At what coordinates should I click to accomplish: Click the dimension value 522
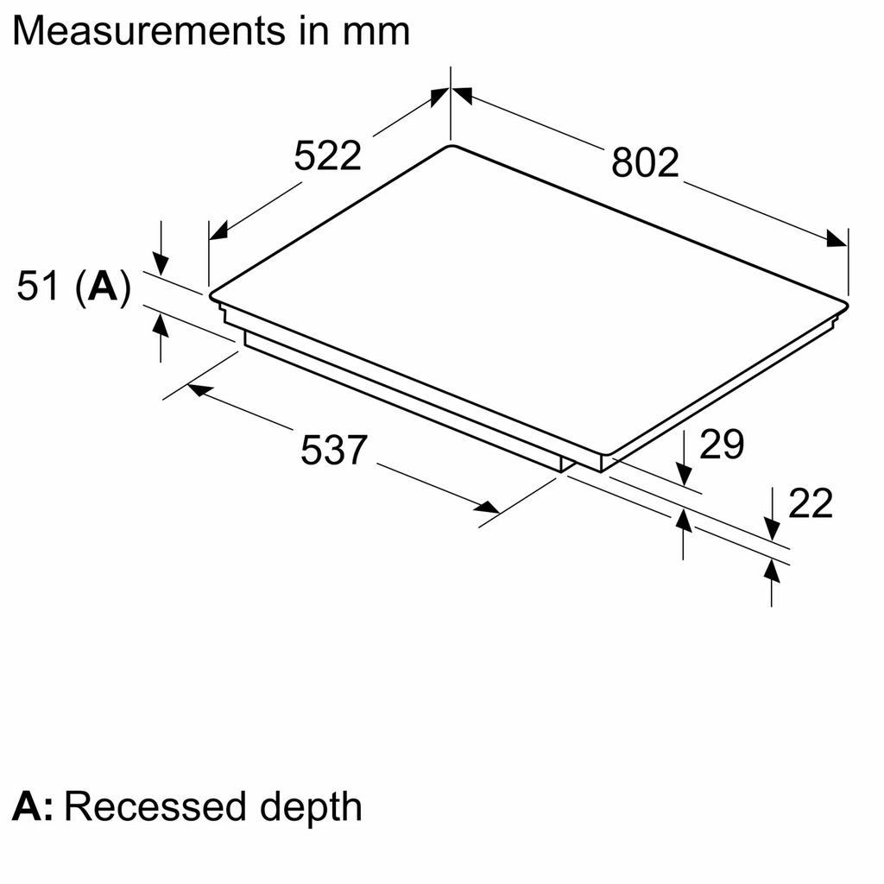pos(327,156)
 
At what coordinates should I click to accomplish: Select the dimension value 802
pos(646,161)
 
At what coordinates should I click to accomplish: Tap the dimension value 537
pos(334,451)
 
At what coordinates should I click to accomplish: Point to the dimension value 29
pos(721,445)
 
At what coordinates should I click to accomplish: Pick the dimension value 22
pos(810,503)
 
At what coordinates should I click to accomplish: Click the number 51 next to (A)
pos(39,287)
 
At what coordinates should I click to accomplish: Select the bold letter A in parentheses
pos(103,287)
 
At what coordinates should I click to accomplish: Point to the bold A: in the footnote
pos(33,806)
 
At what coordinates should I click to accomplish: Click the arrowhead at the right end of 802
pos(837,239)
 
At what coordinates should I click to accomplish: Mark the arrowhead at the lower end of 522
pos(218,230)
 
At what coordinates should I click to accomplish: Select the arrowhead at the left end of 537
pos(198,390)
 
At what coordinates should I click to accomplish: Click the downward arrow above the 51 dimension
pos(161,262)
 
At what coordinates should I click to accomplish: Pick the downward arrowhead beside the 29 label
pos(684,475)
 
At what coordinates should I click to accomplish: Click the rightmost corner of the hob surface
pos(848,301)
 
